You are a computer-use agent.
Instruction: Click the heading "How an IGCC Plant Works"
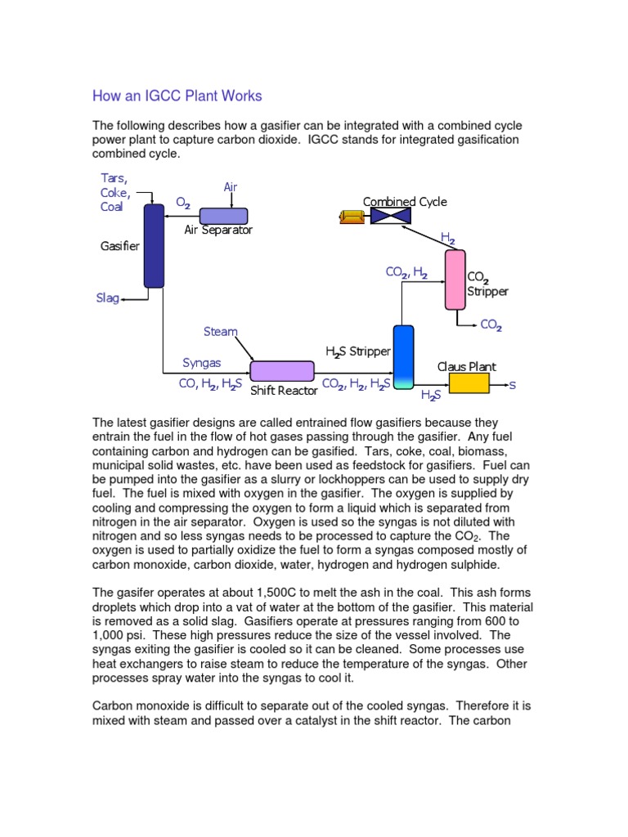click(x=177, y=96)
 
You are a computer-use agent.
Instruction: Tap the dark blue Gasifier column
click(x=154, y=245)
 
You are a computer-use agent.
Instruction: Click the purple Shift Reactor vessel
click(x=282, y=371)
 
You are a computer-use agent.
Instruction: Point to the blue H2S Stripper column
click(x=404, y=356)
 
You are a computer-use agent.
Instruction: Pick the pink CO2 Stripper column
click(x=455, y=280)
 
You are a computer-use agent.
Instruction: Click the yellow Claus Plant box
click(x=469, y=383)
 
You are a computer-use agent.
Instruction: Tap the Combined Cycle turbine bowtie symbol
click(x=390, y=216)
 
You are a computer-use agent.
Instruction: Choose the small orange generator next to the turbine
click(x=353, y=216)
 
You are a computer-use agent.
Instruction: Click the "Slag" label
click(x=107, y=299)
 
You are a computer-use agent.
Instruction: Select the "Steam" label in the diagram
click(x=220, y=332)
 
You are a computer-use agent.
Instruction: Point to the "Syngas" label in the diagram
click(x=201, y=363)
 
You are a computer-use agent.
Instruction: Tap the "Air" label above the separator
click(x=231, y=187)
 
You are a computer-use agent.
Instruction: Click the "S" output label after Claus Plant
click(x=513, y=384)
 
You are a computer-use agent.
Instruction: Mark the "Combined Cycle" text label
click(x=405, y=202)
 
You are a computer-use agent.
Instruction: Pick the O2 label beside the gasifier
click(x=183, y=201)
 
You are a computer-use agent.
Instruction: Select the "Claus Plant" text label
click(x=466, y=367)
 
